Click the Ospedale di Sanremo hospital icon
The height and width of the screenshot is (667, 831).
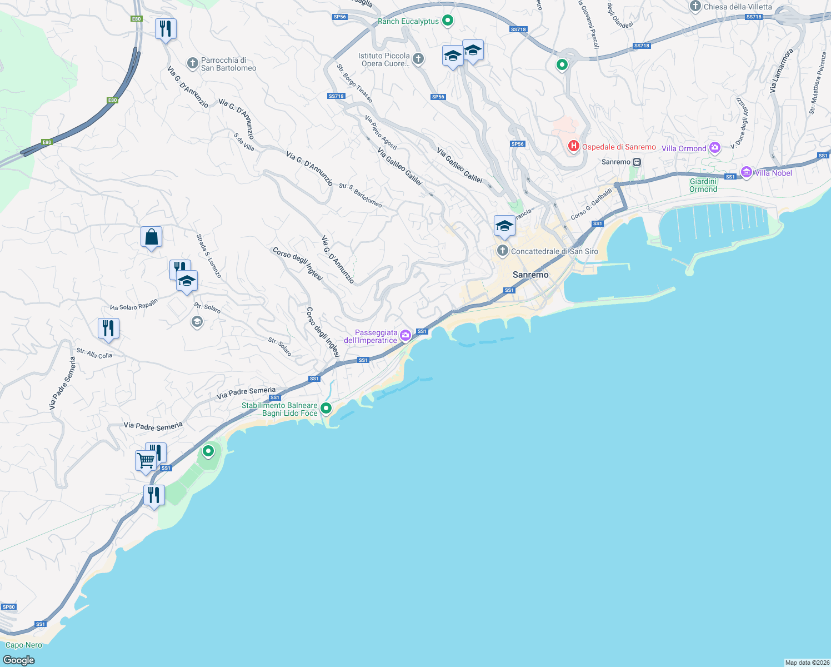(573, 146)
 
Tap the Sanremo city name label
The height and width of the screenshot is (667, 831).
(530, 275)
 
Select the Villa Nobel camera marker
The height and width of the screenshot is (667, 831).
(747, 172)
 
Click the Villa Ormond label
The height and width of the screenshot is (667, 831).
(684, 148)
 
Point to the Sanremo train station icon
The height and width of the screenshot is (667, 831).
(637, 162)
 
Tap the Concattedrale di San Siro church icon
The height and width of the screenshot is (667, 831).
(502, 251)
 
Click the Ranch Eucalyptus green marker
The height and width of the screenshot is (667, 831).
(448, 21)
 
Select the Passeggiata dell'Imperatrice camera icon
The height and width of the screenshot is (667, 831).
(406, 335)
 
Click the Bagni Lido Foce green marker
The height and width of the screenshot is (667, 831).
(326, 409)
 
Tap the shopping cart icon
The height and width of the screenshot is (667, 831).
(146, 460)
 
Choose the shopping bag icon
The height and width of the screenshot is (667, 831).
(151, 237)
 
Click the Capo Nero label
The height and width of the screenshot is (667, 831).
(24, 645)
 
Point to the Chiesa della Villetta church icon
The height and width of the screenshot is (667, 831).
(695, 6)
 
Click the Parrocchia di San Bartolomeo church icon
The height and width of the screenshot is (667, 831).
(192, 63)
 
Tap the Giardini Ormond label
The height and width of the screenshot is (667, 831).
(703, 185)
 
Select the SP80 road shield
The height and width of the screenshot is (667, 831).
(8, 606)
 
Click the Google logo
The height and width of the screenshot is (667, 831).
(18, 660)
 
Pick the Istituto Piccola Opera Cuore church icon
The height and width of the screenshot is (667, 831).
(418, 58)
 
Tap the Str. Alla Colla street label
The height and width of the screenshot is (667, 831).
(94, 354)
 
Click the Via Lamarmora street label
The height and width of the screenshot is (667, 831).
(782, 71)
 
